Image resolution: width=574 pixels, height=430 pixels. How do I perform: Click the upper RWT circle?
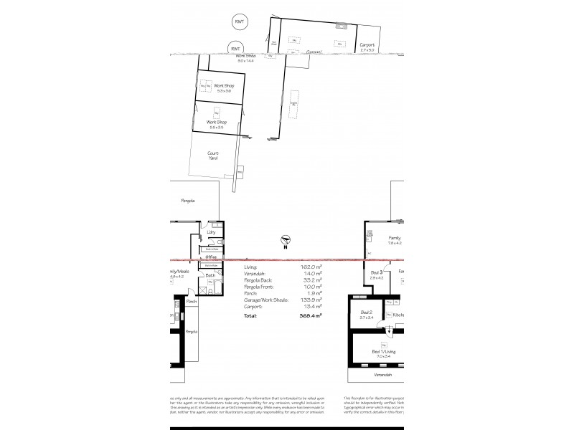[x=239, y=22]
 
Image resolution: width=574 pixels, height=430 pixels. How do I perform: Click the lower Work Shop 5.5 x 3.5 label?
[x=217, y=124]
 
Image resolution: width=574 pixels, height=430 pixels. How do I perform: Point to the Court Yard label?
[x=213, y=156]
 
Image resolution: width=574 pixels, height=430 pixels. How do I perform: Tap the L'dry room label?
[x=211, y=231]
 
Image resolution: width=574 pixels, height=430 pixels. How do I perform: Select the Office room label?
[x=211, y=257]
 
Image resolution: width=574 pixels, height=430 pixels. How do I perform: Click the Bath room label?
[x=210, y=274]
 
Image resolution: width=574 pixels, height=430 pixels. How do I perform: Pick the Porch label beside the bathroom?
[x=191, y=302]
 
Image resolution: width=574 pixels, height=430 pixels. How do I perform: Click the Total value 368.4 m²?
[x=310, y=315]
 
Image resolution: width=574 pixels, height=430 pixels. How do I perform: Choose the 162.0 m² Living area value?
[x=311, y=266]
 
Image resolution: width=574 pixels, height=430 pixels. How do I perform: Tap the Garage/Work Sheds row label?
[x=265, y=300]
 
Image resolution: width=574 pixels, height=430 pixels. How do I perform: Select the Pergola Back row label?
[x=258, y=279]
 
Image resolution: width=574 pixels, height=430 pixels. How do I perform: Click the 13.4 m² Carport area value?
[x=311, y=306]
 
